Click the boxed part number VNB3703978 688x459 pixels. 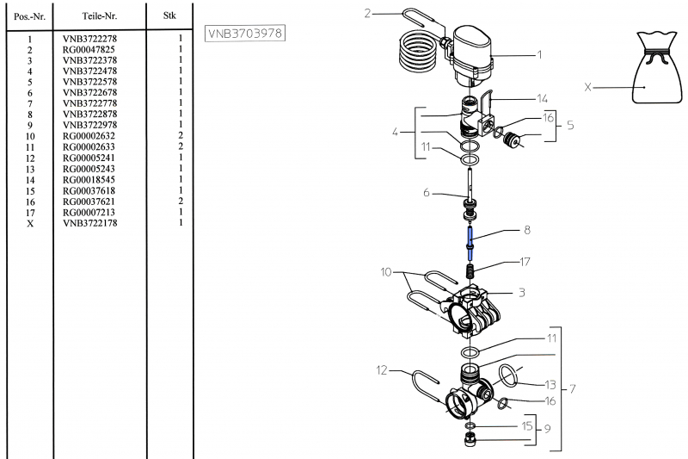click(245, 33)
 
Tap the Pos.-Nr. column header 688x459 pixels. click(30, 16)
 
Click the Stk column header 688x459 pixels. click(169, 16)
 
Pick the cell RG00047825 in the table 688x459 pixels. click(93, 50)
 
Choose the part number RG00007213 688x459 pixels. click(93, 212)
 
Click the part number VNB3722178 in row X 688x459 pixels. click(94, 223)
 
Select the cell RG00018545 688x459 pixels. click(93, 179)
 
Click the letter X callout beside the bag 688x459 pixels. click(587, 87)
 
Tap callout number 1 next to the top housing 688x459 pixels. click(539, 55)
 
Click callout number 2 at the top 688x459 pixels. click(367, 13)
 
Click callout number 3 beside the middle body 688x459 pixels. click(520, 292)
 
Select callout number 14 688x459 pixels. click(542, 98)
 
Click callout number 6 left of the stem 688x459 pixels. click(426, 193)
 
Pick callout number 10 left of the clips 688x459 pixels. click(387, 272)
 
